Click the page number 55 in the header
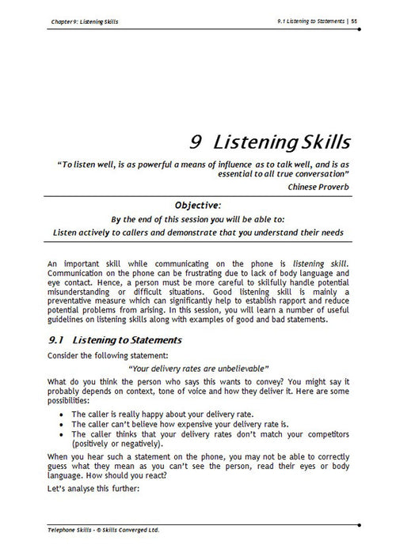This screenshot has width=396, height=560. point(356,21)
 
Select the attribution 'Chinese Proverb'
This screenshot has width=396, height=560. point(320,187)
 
